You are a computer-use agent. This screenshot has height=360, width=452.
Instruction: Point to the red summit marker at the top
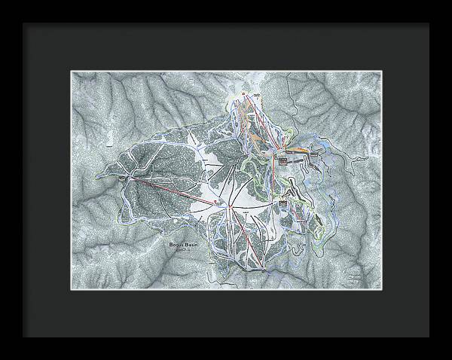[243, 93]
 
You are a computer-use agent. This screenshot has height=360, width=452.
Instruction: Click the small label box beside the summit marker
[256, 94]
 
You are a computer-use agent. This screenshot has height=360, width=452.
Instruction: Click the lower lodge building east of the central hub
[282, 202]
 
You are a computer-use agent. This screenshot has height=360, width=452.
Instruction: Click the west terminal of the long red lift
[130, 178]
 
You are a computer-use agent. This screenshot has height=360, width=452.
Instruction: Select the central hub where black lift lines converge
[234, 205]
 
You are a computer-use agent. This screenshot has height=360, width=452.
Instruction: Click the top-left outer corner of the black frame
[23, 23]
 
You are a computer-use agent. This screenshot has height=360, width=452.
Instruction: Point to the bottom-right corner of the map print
[381, 290]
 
